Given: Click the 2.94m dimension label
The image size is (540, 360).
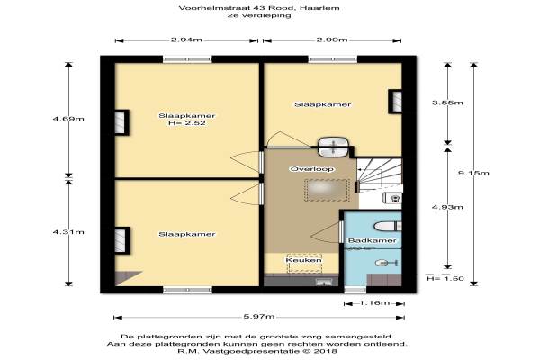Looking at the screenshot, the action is pos(186,40).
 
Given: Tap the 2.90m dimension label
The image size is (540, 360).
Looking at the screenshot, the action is pos(332,40).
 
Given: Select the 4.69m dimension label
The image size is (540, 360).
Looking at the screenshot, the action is pos(68,119).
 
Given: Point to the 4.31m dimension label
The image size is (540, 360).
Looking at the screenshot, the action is pos(68,232).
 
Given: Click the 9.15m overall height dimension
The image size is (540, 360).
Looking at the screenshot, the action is pos(473,173).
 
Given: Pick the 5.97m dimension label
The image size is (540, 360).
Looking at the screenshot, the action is pos(259,316).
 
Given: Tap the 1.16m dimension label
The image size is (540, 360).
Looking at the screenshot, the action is pos(374,302).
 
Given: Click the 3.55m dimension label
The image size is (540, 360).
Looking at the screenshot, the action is pos(447,103).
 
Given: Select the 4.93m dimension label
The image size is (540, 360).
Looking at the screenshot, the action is pos(447,207).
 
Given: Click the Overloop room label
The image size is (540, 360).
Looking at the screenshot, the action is pos(312,169).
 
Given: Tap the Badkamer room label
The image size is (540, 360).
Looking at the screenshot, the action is pos(373,240).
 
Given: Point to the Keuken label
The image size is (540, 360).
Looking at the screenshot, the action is pos(304,260).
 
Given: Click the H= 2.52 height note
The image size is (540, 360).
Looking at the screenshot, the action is pos(187,123).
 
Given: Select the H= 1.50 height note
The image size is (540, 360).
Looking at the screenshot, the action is pos(445,278).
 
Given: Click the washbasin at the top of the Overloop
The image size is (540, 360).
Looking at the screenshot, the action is pos(333,147).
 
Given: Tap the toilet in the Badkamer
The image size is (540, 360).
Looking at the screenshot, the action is pos(387,226).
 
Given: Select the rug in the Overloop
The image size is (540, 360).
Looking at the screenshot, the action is pos(327,190).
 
